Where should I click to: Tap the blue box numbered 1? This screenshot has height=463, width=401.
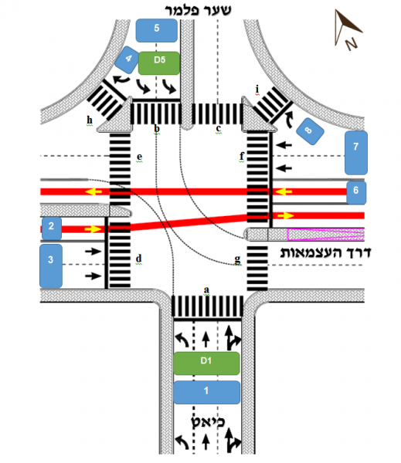tap(207, 392)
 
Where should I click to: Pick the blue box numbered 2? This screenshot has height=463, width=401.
tap(52, 228)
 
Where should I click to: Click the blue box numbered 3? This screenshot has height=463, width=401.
tap(51, 265)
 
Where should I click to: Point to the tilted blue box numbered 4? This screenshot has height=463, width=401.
tap(127, 59)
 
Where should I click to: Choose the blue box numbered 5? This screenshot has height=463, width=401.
tap(157, 30)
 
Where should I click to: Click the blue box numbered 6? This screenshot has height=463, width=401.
tap(356, 193)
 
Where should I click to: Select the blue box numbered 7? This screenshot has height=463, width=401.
tap(356, 153)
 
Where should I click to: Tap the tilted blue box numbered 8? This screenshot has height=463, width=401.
tap(310, 131)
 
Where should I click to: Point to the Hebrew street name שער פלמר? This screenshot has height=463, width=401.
tap(198, 10)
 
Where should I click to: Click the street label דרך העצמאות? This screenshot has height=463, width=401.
tap(325, 253)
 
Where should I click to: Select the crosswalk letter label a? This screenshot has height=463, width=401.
tap(206, 289)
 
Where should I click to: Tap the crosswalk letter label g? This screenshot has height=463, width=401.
tap(237, 260)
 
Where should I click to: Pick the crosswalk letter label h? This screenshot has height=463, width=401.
tap(90, 120)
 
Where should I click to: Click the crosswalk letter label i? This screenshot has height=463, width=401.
tap(257, 89)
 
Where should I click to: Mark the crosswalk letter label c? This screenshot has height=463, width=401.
tap(218, 128)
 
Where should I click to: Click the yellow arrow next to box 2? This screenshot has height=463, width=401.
tap(93, 229)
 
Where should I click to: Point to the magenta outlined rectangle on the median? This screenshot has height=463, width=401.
tap(326, 235)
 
